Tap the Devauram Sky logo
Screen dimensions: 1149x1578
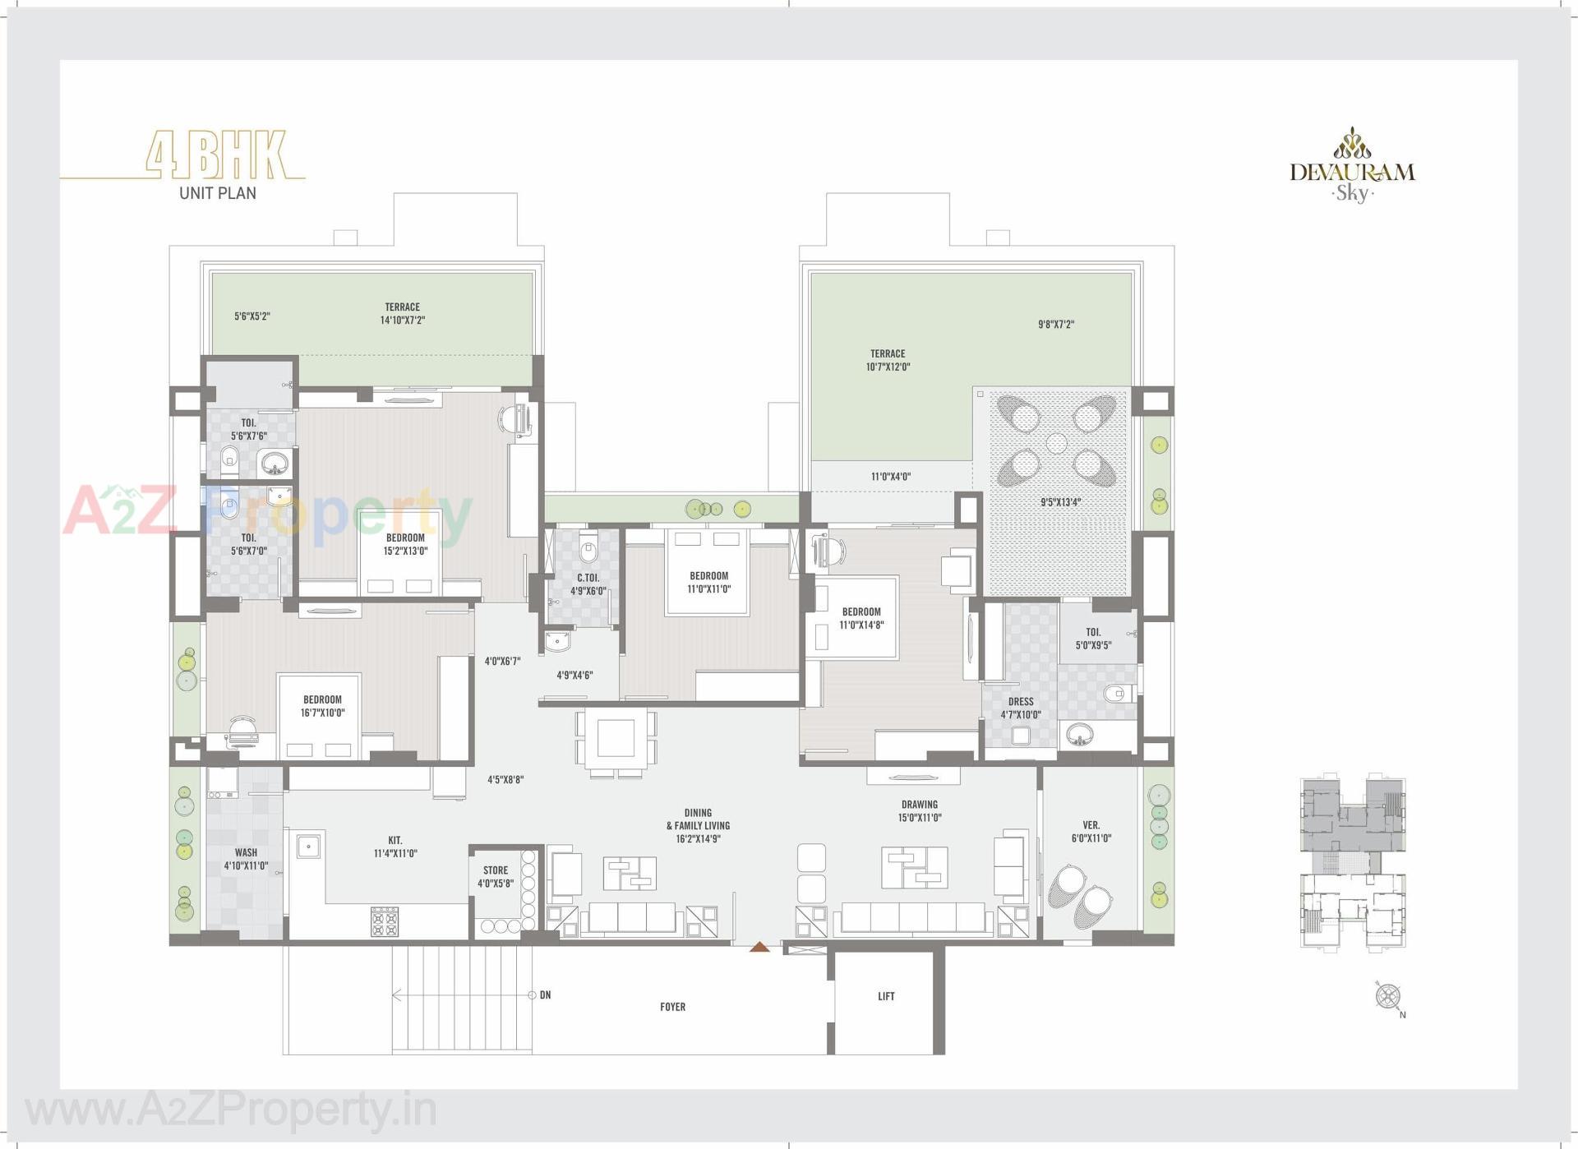point(1352,167)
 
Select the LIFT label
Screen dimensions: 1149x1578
point(885,996)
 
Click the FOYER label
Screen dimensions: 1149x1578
point(672,1006)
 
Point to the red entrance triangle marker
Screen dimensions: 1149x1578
point(759,948)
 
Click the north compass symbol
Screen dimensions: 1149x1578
point(1388,997)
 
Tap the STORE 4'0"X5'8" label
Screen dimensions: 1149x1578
point(496,877)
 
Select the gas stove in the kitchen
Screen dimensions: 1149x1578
point(384,921)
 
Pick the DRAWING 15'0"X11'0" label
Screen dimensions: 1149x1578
point(919,811)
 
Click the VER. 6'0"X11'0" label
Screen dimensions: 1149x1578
point(1091,831)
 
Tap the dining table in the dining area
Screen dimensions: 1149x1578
point(616,737)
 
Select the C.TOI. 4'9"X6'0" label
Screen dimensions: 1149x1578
point(588,584)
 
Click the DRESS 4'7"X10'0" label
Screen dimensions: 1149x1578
point(1020,708)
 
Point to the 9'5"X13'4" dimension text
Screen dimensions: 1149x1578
point(1060,501)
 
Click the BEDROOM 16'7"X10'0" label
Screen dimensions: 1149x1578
point(322,706)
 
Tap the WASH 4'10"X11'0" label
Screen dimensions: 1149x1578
point(246,859)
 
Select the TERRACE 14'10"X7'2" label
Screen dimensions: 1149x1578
point(402,313)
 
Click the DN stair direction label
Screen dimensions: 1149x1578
point(545,994)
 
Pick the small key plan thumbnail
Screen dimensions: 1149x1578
point(1352,863)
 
